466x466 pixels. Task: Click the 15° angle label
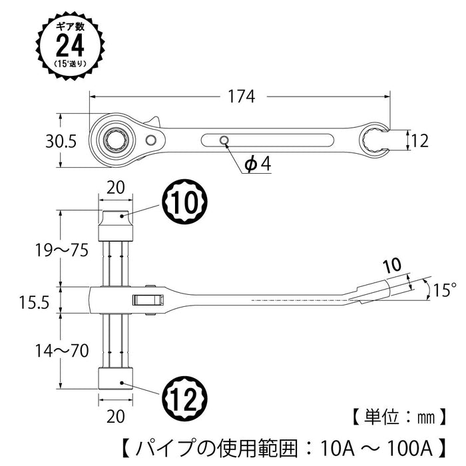(443, 290)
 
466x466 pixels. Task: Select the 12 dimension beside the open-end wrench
(419, 141)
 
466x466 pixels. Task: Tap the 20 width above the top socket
(116, 188)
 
